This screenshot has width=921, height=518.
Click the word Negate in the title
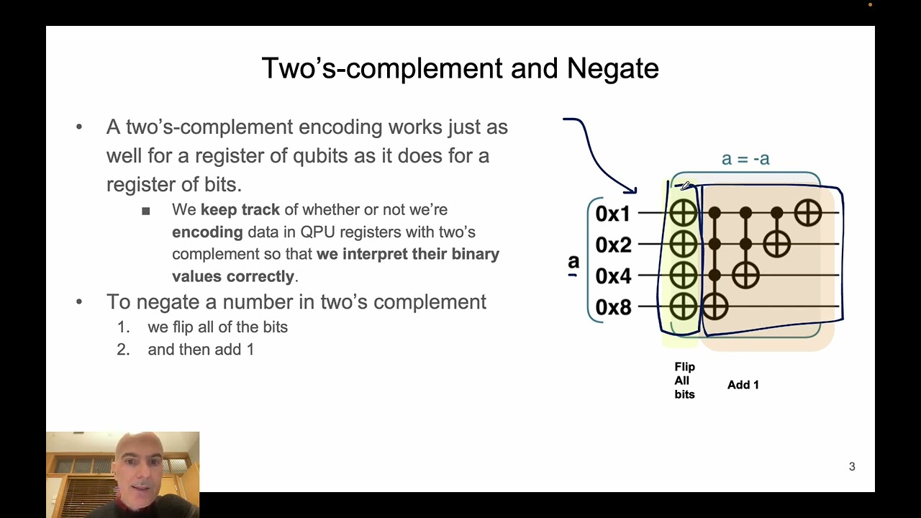(x=612, y=68)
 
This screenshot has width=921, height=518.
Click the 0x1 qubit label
(x=613, y=214)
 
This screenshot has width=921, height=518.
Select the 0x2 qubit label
(x=613, y=245)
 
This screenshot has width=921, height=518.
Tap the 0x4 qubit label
(x=613, y=276)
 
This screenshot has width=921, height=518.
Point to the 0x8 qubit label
(x=613, y=307)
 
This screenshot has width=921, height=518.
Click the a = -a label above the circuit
(x=745, y=159)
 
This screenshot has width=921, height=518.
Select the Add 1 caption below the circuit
(x=743, y=385)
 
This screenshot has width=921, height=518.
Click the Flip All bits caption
(x=684, y=381)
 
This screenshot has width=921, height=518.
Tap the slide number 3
(x=852, y=467)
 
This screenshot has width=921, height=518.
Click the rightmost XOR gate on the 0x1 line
(x=808, y=213)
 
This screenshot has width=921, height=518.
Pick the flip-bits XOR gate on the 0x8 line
(x=683, y=307)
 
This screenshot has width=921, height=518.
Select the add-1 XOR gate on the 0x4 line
(x=745, y=276)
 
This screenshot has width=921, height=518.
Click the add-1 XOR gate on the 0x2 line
(x=776, y=245)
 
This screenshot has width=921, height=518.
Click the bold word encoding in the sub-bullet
(x=207, y=232)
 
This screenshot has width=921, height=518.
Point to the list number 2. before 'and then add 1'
(x=123, y=350)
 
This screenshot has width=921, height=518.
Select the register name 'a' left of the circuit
(x=573, y=262)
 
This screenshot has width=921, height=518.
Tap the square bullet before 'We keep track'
(x=146, y=211)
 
